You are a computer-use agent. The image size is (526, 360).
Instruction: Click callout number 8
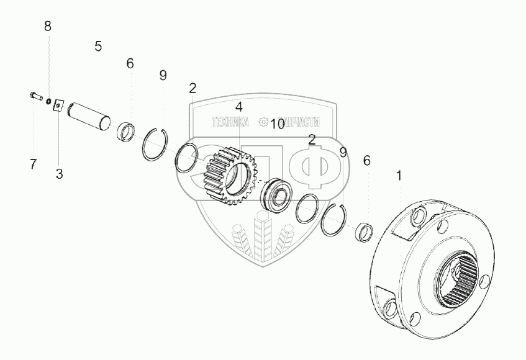coord(48,26)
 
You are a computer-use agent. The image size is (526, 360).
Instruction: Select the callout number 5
coord(98,46)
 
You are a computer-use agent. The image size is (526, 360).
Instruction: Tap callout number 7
coord(33,164)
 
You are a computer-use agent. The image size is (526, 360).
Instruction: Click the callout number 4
coord(238,107)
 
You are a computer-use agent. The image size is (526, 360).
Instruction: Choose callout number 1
coord(399,176)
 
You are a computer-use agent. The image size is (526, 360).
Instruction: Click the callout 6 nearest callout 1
coord(366,161)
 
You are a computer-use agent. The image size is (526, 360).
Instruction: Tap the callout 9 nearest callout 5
coord(163,75)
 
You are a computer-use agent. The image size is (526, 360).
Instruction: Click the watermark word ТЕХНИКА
coord(230,122)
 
